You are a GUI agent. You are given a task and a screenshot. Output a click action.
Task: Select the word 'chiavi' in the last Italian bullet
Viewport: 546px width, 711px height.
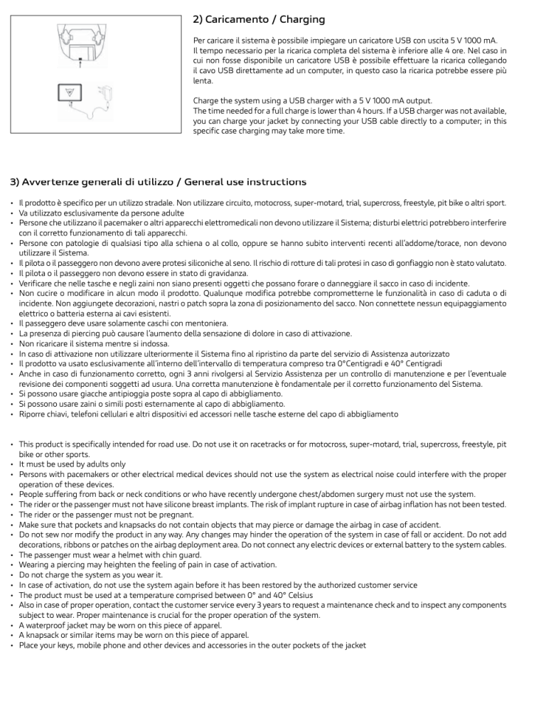(x=59, y=414)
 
